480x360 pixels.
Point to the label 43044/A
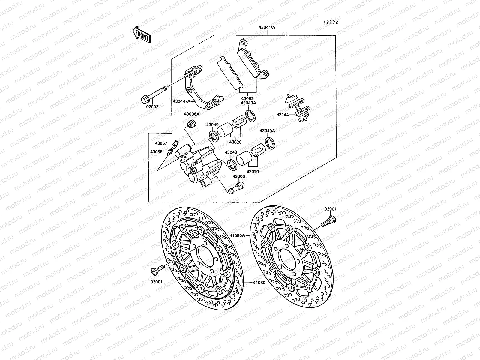(181, 101)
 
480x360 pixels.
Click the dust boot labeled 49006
(235, 190)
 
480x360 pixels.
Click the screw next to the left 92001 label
(158, 268)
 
